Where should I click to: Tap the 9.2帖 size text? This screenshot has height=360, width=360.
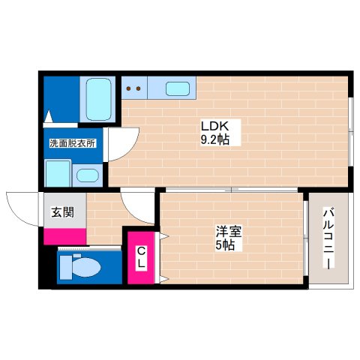(x=214, y=139)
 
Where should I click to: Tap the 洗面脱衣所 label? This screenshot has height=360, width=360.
(x=72, y=143)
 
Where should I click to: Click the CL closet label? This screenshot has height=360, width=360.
(x=140, y=258)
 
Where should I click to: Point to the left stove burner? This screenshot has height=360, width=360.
(x=128, y=88)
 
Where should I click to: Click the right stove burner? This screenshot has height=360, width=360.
(x=139, y=88)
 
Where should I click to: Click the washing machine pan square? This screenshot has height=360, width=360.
(x=58, y=173)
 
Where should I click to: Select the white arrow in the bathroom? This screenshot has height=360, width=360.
(x=49, y=117)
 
